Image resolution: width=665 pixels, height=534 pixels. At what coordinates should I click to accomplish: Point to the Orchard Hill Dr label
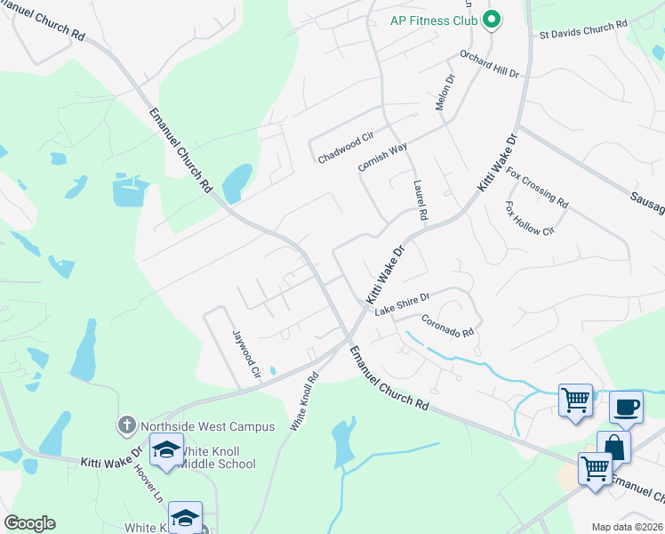(x=489, y=65)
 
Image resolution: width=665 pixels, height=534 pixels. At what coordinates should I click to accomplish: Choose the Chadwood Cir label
(x=346, y=149)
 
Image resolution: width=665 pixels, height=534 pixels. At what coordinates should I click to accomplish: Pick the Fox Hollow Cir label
(x=529, y=218)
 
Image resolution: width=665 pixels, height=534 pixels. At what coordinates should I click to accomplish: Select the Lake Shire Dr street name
(x=402, y=303)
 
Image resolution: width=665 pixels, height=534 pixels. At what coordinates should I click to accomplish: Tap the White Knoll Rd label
(x=304, y=402)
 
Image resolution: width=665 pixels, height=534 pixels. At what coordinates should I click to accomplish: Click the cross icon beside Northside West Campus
(x=128, y=426)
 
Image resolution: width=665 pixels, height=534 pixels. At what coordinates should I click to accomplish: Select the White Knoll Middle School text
(x=215, y=457)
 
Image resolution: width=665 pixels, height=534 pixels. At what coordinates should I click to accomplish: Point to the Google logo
(x=29, y=523)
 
